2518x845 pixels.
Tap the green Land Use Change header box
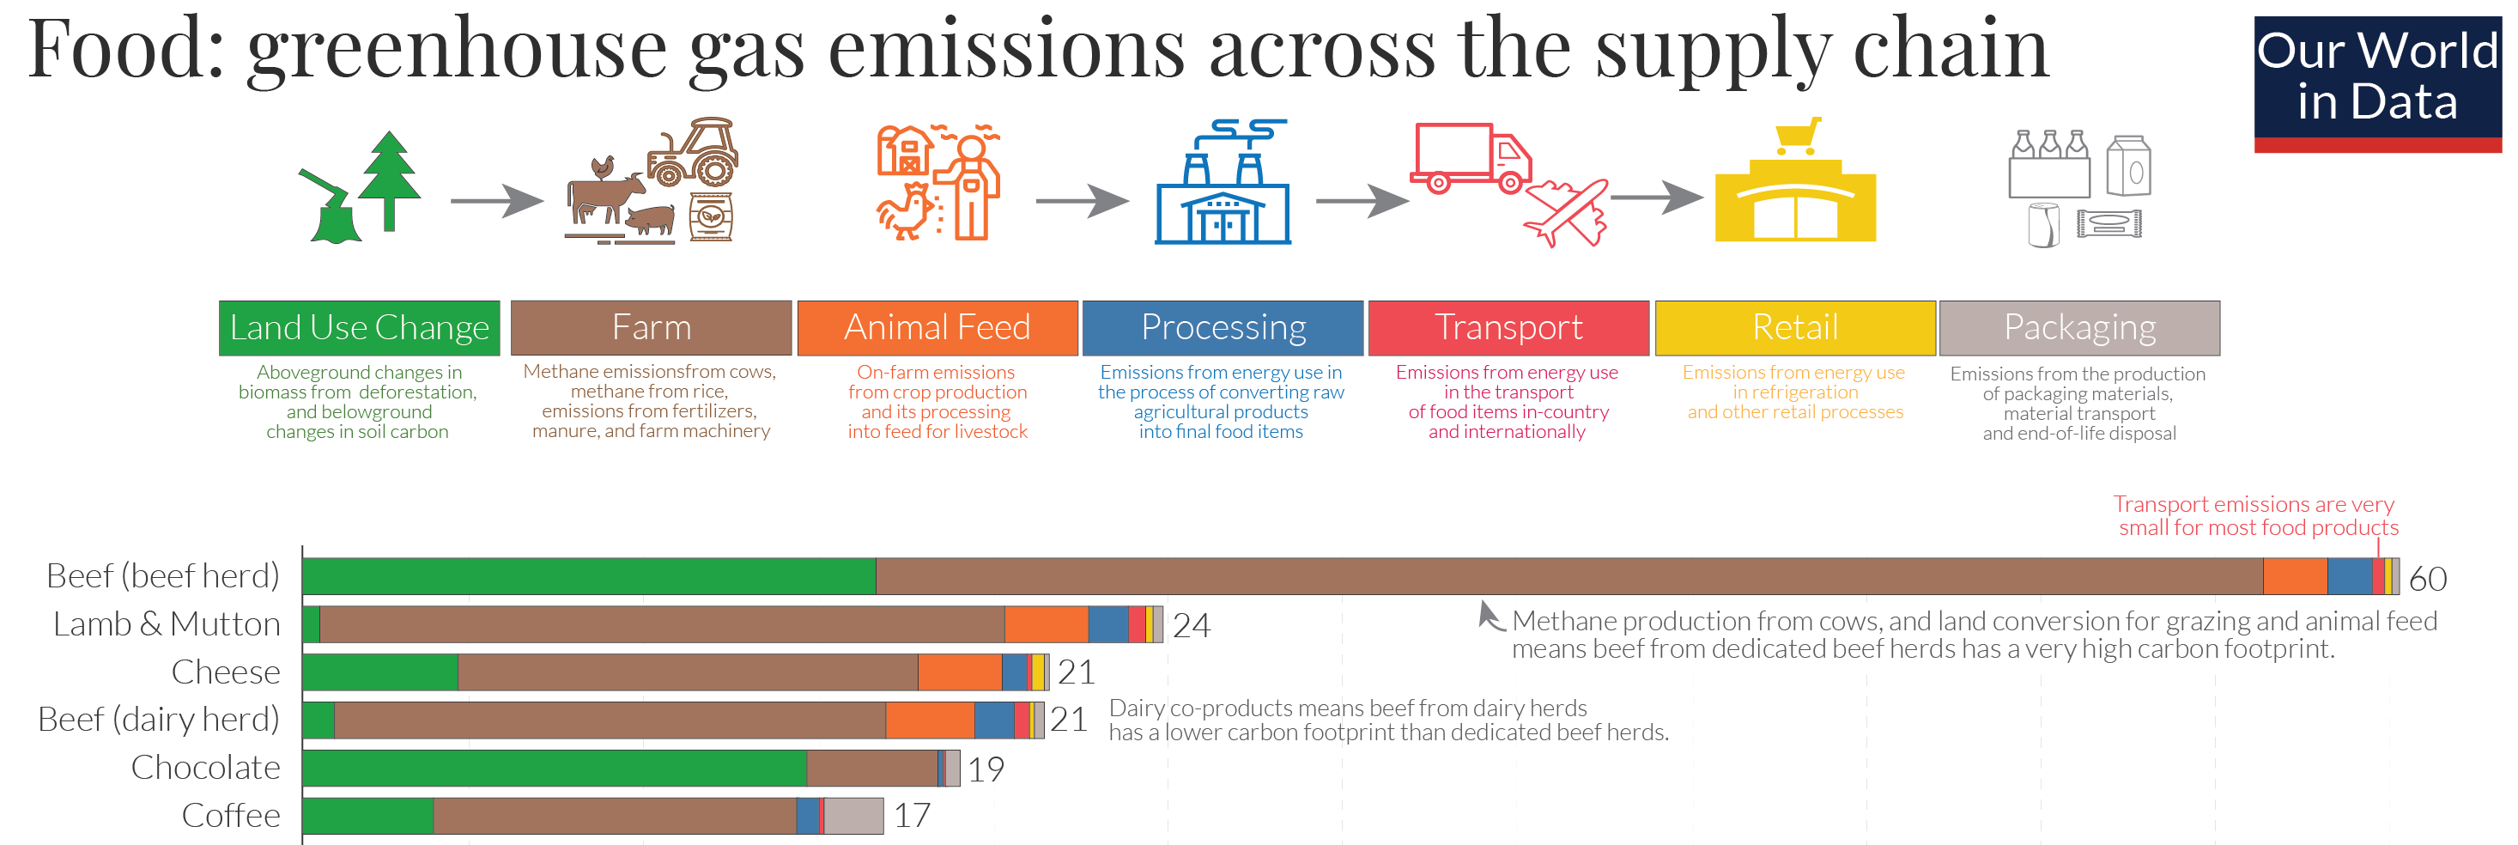pos(359,328)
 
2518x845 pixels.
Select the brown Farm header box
pos(651,328)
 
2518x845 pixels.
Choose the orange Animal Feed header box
pos(937,328)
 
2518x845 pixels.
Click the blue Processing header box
pos(1223,328)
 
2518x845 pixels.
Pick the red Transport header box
pos(1508,328)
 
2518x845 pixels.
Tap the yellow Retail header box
pos(1794,328)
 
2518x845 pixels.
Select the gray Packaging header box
pos(2079,328)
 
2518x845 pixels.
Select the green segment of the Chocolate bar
pos(555,768)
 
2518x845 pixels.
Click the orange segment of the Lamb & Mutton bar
pos(1046,624)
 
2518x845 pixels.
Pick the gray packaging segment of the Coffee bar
pos(853,816)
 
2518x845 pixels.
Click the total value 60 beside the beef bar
pos(2427,578)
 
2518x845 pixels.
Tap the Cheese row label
pos(226,672)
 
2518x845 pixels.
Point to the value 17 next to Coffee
pos(912,816)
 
